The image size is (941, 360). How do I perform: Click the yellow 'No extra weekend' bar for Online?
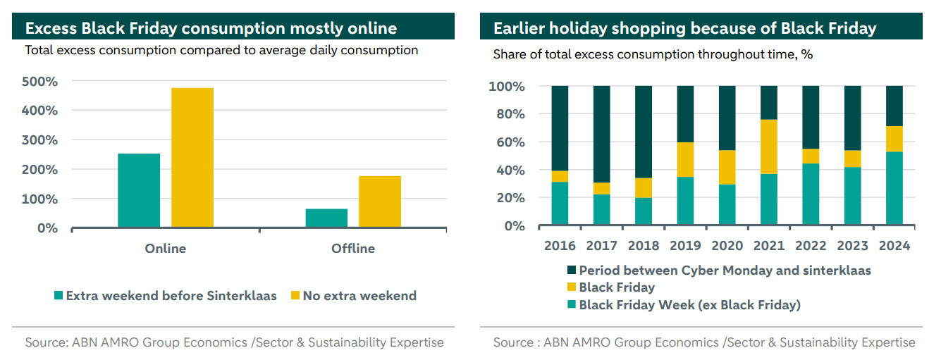click(192, 157)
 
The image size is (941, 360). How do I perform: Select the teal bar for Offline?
click(326, 218)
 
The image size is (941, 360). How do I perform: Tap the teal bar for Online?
click(139, 190)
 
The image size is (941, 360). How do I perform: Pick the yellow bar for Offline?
click(380, 201)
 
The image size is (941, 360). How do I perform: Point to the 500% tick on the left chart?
click(41, 82)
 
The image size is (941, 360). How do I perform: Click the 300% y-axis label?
click(41, 140)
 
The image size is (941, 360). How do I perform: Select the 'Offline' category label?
click(353, 249)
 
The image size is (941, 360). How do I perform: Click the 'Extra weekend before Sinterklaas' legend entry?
click(165, 296)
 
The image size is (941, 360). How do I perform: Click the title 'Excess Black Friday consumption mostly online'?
click(211, 28)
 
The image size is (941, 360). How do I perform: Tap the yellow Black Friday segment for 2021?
click(769, 147)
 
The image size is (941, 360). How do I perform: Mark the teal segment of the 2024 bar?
click(894, 189)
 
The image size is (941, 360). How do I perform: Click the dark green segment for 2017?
click(601, 134)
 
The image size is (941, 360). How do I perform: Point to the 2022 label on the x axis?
click(811, 246)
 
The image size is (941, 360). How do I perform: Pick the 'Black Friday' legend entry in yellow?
click(617, 287)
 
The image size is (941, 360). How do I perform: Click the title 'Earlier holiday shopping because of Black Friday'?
click(684, 28)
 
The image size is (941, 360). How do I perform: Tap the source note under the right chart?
click(703, 342)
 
